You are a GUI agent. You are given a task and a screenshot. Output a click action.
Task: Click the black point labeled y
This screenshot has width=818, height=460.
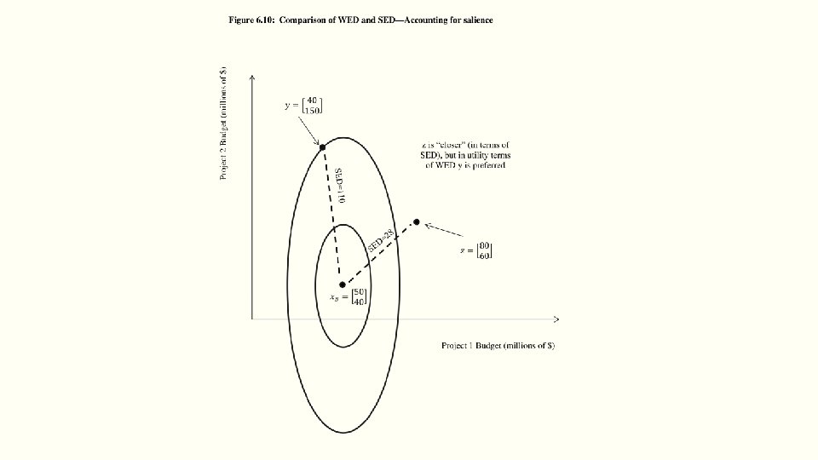322,147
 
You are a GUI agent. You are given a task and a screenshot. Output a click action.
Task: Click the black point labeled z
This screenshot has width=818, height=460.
417,222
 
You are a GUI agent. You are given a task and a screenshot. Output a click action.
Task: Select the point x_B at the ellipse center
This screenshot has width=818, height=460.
343,285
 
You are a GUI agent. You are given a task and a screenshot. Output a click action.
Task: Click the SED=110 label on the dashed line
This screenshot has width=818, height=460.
339,184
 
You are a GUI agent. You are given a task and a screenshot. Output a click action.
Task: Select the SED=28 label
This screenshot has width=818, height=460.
381,239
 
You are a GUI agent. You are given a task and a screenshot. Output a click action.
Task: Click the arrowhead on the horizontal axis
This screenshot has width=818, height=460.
556,319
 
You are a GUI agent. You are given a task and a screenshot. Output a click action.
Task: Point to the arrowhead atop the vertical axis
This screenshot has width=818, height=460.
252,78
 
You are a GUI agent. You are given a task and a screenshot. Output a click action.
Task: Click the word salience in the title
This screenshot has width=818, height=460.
475,20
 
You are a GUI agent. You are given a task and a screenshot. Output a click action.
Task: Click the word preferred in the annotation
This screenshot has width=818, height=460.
487,165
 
